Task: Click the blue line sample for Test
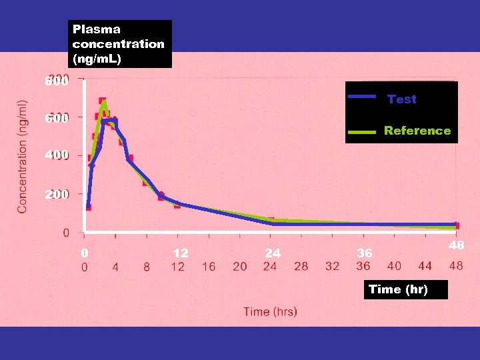pos(363,97)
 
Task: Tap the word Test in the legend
pos(402,99)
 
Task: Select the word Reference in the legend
pos(417,131)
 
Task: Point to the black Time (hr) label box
pos(398,289)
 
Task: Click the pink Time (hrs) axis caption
pos(270,311)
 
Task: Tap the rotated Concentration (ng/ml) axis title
pos(23,157)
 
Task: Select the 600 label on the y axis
pos(56,119)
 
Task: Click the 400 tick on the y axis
pos(56,155)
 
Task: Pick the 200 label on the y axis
pos(56,195)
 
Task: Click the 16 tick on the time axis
pos(209,267)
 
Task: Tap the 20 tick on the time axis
pos(240,267)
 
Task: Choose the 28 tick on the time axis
pos(301,267)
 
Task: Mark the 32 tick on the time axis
pos(332,267)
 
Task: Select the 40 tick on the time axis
pos(394,267)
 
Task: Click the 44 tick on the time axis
pos(425,267)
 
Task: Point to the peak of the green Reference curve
pos(104,102)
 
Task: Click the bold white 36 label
pos(364,253)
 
